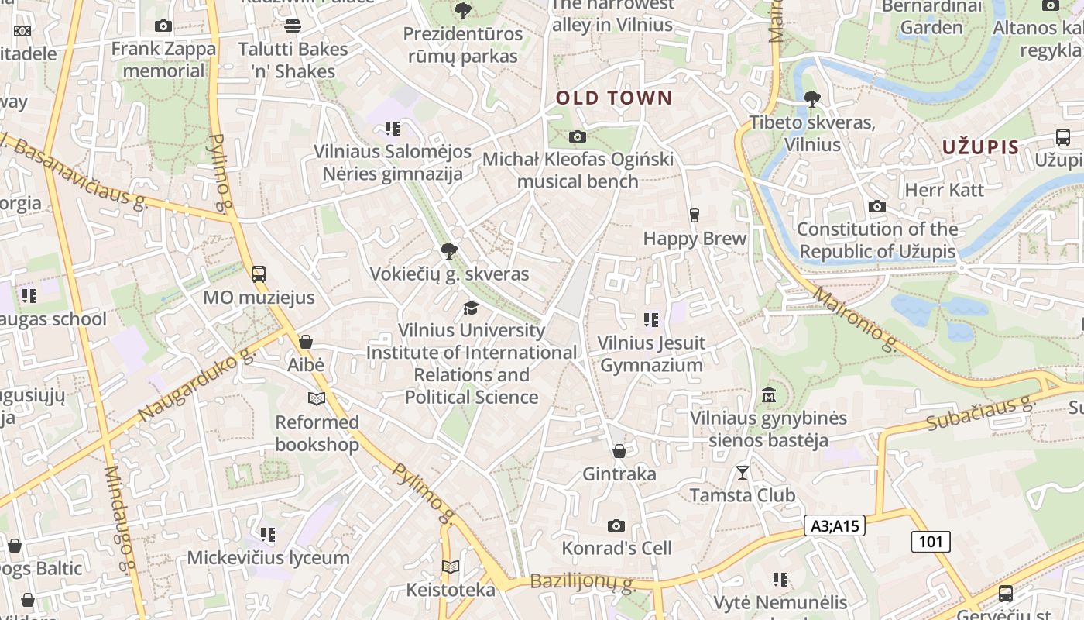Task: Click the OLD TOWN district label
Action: point(614,98)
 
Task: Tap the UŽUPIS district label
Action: point(980,147)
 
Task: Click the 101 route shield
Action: point(930,541)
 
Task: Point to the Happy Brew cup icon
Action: point(694,215)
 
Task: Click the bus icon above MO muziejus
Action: point(259,274)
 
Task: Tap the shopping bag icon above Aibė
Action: point(306,342)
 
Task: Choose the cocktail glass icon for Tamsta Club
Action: point(743,472)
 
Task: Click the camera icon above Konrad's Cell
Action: point(616,525)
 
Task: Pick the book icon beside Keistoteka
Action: point(451,567)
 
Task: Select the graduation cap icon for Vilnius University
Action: point(471,308)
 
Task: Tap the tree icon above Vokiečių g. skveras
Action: point(448,250)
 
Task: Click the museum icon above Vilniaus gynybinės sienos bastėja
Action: point(769,395)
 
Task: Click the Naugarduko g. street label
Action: point(197,385)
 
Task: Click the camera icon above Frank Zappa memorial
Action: point(163,26)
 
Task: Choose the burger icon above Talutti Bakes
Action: point(293,26)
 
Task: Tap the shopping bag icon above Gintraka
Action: point(619,450)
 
